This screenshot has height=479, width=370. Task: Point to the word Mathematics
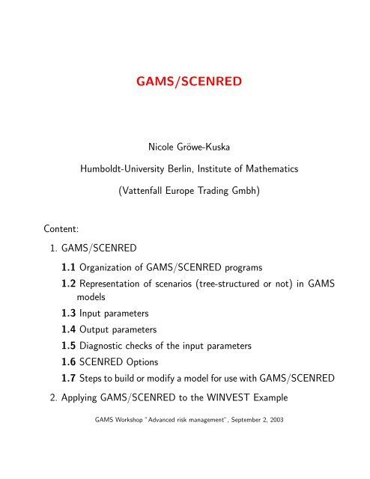269,170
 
